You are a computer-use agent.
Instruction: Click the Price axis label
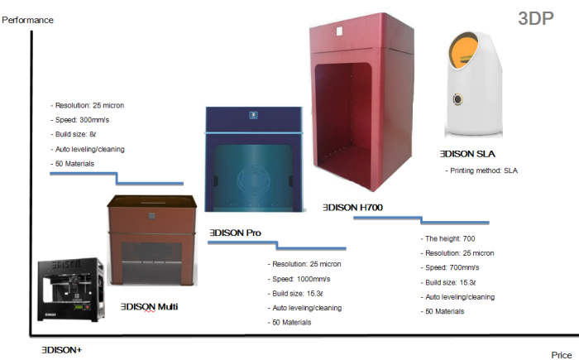click(x=562, y=354)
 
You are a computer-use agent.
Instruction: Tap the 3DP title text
click(x=535, y=19)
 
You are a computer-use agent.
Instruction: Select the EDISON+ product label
click(x=61, y=350)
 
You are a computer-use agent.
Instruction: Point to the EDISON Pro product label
click(x=236, y=233)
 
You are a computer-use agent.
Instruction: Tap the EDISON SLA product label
click(x=467, y=154)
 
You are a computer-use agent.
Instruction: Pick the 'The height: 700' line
click(x=451, y=239)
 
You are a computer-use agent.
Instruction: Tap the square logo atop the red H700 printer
click(x=338, y=33)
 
